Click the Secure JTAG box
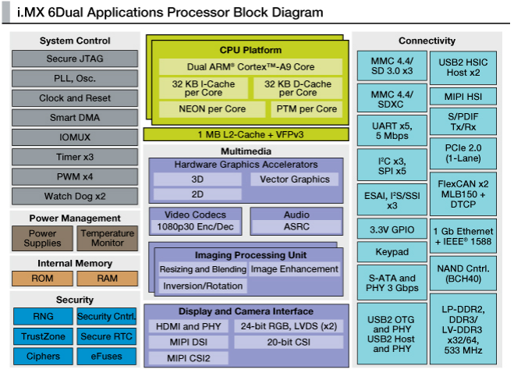(x=75, y=59)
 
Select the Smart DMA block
(x=75, y=118)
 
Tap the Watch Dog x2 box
(x=75, y=196)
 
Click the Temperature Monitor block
(x=108, y=238)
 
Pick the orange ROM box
(x=43, y=279)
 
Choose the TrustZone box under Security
(x=43, y=336)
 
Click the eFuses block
(x=107, y=356)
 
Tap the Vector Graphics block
(x=295, y=179)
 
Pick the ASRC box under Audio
(x=296, y=226)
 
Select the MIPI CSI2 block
(x=188, y=358)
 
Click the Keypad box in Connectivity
(x=392, y=252)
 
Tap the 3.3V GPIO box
(x=392, y=230)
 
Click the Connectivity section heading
(x=427, y=41)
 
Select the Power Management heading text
(x=75, y=218)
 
